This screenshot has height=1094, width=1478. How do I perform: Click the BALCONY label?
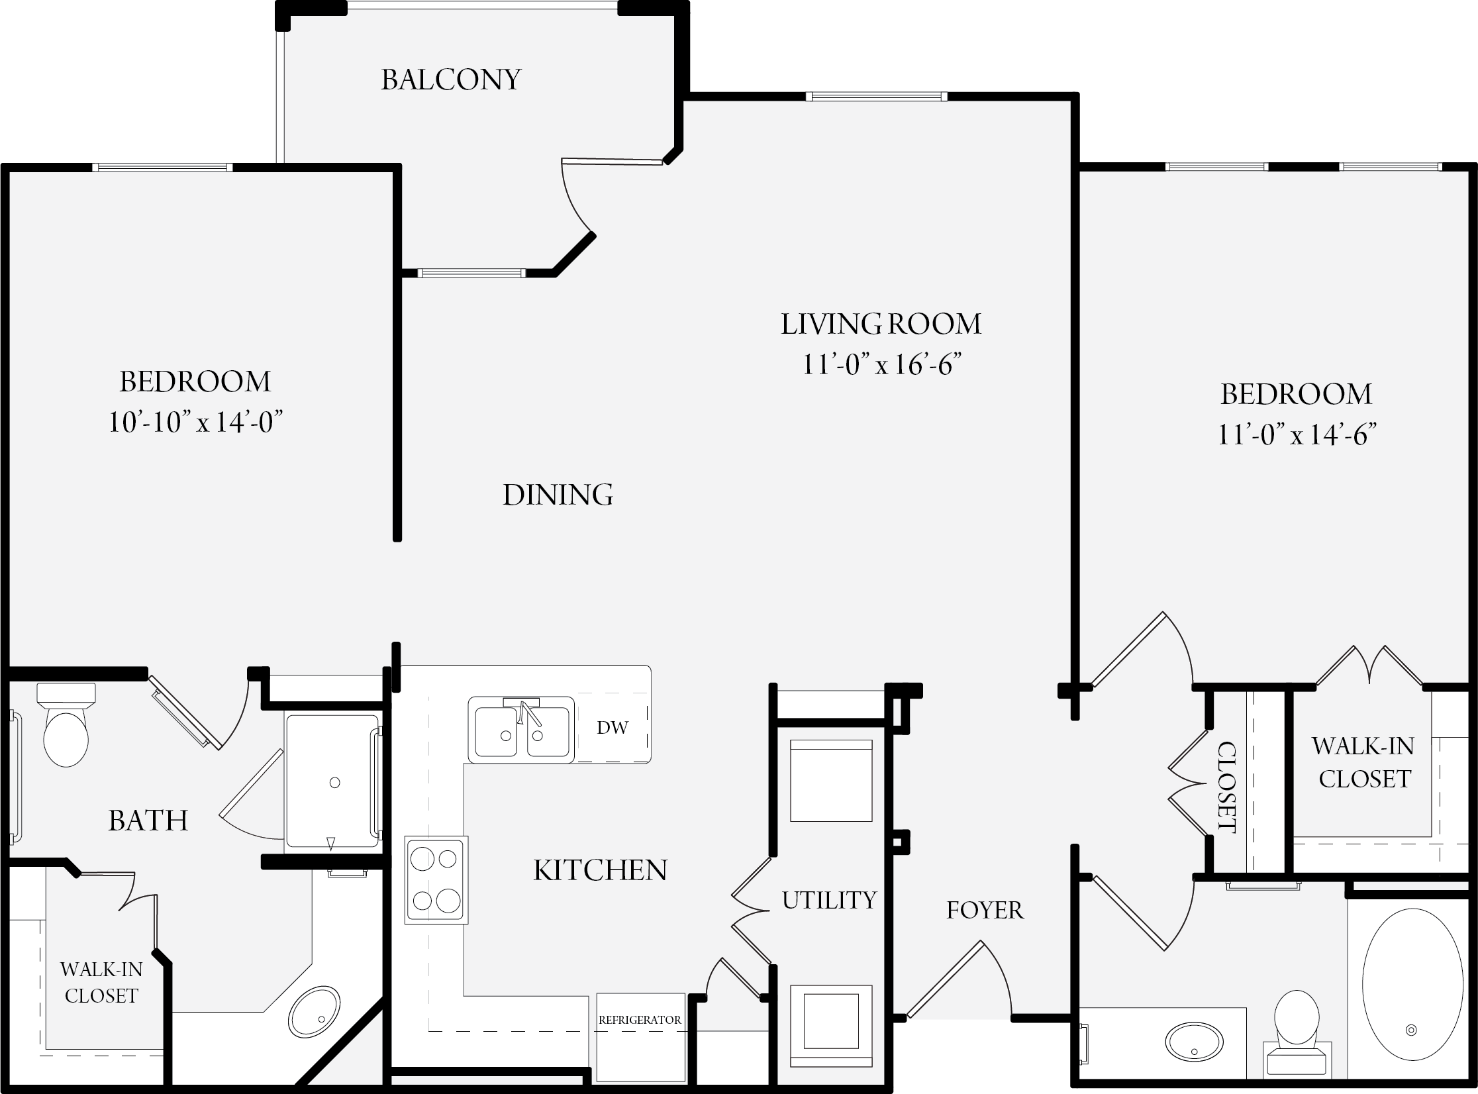(451, 79)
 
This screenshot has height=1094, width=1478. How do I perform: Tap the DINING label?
(558, 495)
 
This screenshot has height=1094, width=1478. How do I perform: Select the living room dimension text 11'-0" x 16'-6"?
(881, 364)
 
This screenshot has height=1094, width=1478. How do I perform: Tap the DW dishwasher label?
(612, 728)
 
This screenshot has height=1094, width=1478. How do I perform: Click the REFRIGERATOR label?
(640, 1020)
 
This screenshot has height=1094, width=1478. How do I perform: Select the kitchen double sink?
(521, 729)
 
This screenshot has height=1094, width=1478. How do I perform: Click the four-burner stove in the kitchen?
(436, 880)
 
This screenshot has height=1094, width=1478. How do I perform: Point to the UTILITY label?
(829, 900)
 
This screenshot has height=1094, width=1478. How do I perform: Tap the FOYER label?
(985, 911)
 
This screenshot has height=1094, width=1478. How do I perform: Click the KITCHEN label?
(600, 870)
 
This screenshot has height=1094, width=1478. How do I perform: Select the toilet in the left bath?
(66, 725)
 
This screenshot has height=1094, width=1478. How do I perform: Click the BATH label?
(148, 820)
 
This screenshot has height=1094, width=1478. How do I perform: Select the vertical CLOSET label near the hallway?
(1226, 787)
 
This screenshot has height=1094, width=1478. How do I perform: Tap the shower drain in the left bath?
(334, 783)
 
